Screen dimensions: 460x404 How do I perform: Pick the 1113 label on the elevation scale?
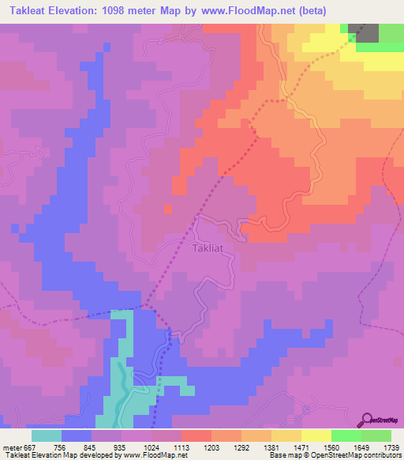(181, 447)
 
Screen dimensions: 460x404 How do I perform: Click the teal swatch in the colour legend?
(47, 435)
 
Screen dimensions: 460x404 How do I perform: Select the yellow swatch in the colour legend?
(316, 435)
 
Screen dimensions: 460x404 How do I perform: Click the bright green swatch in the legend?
(346, 435)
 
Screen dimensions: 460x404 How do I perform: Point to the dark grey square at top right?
(368, 32)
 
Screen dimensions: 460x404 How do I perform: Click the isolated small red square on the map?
(167, 209)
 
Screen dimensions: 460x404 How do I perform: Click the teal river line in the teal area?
(120, 387)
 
